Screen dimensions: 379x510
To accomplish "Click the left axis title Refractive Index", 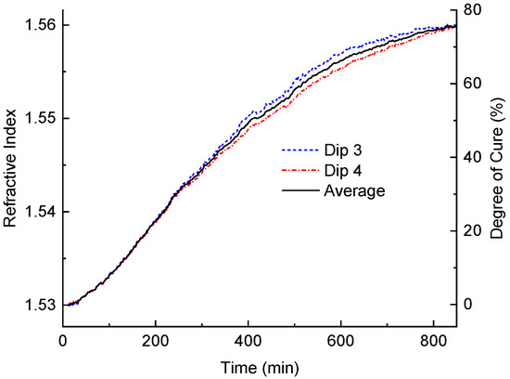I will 12,165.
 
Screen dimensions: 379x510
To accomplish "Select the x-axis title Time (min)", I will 259,365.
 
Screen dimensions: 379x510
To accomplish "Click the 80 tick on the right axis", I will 474,9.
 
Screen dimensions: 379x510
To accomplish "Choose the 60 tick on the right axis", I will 474,83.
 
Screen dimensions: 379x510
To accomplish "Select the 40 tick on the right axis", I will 474,156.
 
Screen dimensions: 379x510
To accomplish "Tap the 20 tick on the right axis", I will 474,230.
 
